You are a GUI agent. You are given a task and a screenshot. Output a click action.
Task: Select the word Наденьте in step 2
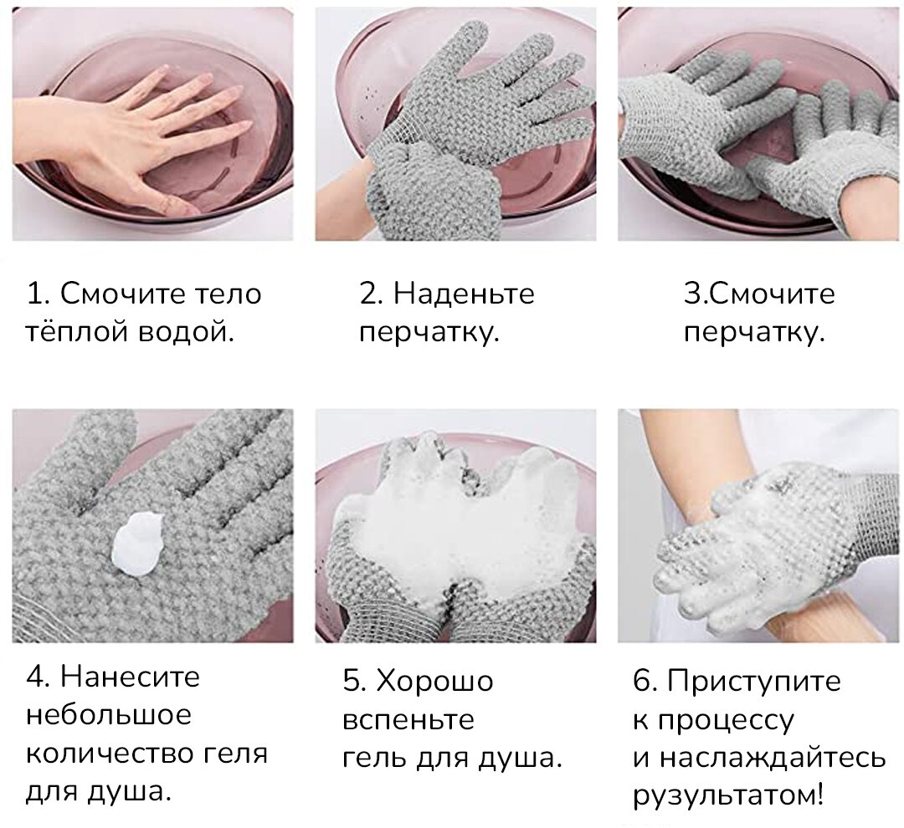464,294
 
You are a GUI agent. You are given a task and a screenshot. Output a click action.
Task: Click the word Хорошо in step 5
434,681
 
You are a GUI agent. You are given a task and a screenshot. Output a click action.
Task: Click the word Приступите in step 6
753,681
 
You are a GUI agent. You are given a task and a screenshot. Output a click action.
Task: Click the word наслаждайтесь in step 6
771,758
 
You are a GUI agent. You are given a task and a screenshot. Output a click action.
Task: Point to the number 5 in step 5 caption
352,681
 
